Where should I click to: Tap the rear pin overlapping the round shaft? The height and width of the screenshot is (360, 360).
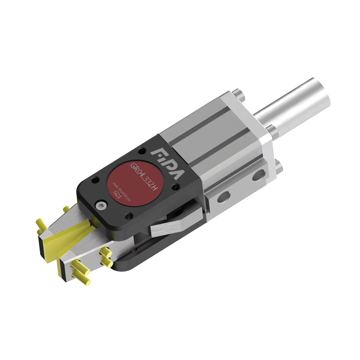[271, 129]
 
